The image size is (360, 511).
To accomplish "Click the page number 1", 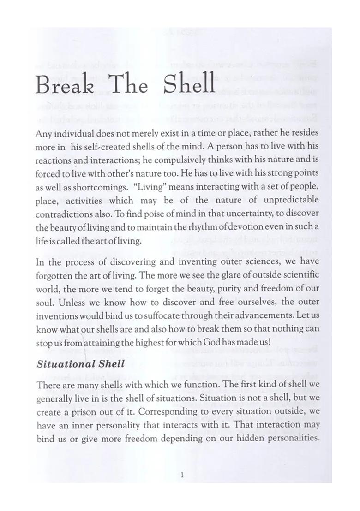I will pyautogui.click(x=183, y=475).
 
